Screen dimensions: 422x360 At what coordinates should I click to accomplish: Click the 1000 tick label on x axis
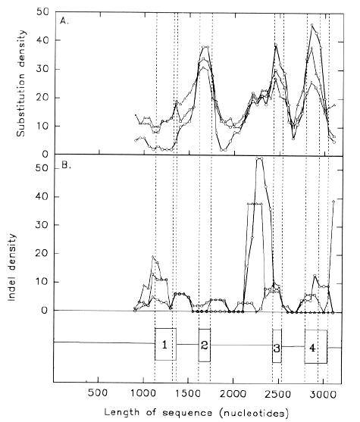click(x=143, y=393)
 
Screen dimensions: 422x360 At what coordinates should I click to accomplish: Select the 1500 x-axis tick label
click(x=188, y=393)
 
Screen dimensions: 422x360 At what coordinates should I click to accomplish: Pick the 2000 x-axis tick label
click(x=233, y=393)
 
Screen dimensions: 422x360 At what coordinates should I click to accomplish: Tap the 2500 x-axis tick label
click(x=277, y=393)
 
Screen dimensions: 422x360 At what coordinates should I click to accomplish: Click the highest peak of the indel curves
click(x=259, y=159)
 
